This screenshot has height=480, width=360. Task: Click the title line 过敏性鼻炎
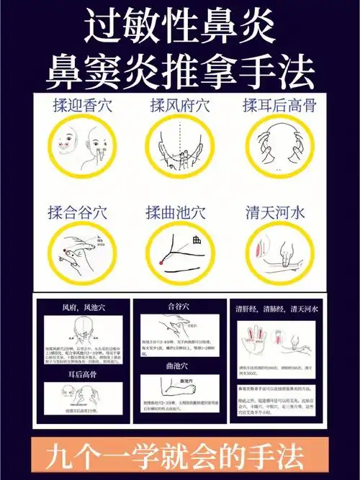point(180,27)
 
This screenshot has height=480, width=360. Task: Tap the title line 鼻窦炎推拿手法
point(180,70)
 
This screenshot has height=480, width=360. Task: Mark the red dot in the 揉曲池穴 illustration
point(162,263)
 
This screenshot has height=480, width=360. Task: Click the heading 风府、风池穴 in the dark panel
point(81,308)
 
